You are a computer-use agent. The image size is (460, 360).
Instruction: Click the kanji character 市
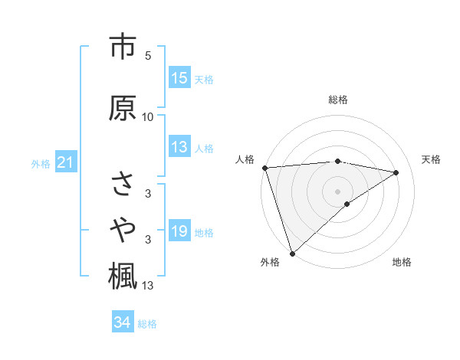point(122,48)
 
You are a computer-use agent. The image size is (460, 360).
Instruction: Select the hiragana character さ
point(122,185)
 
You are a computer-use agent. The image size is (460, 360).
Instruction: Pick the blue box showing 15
point(179,78)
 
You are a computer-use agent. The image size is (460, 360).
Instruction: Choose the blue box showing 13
point(179,148)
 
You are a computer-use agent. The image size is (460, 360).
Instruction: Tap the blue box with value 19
point(179,232)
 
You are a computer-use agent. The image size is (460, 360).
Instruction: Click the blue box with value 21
point(65,163)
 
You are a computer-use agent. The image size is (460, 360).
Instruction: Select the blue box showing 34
point(123,323)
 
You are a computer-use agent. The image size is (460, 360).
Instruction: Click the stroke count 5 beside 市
point(148,56)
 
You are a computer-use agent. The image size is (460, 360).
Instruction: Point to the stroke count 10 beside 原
point(148,117)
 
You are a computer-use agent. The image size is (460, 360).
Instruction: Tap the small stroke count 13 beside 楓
point(148,286)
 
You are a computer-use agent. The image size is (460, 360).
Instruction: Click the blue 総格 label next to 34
point(147,324)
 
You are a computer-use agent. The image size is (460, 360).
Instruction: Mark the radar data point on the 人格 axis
point(264,168)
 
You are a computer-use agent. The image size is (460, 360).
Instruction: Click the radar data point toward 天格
point(396,172)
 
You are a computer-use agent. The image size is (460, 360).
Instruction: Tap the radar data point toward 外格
point(292,253)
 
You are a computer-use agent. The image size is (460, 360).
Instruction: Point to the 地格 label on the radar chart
point(402,263)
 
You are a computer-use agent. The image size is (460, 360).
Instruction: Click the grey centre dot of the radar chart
point(337,191)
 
